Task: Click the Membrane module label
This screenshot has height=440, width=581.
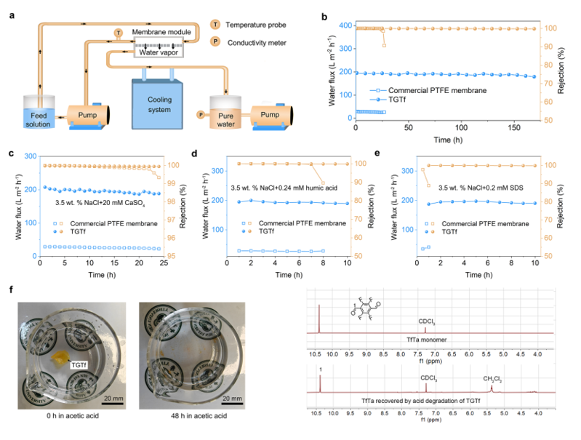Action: (161, 32)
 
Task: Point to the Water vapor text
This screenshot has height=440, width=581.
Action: (161, 52)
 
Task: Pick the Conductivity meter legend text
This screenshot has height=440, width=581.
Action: (254, 41)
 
